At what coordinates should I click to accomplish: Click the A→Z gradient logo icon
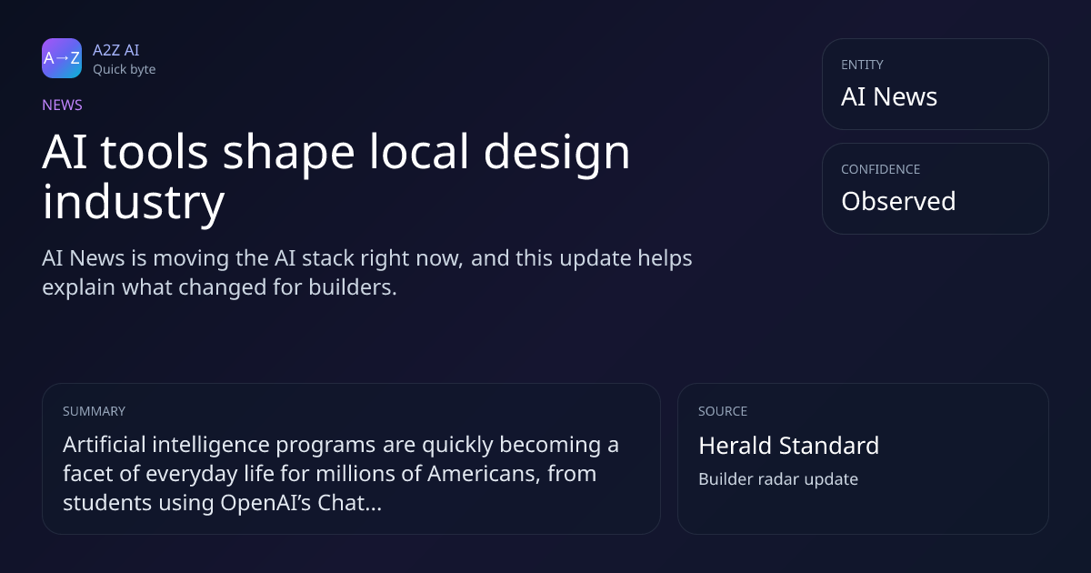pyautogui.click(x=62, y=58)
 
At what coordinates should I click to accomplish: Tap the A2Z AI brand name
pyautogui.click(x=116, y=50)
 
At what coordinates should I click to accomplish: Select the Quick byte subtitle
pyautogui.click(x=125, y=70)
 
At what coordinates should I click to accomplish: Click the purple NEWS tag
pyautogui.click(x=63, y=106)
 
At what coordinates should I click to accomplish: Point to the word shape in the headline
pyautogui.click(x=289, y=153)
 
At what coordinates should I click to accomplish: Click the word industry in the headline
pyautogui.click(x=134, y=203)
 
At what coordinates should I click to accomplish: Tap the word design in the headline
pyautogui.click(x=556, y=153)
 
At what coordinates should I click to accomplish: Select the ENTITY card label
pyautogui.click(x=862, y=65)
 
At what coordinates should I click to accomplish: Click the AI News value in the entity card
pyautogui.click(x=889, y=96)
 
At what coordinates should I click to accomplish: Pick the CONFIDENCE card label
pyautogui.click(x=881, y=169)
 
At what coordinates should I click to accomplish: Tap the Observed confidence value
pyautogui.click(x=898, y=201)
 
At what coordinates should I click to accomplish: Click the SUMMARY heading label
pyautogui.click(x=94, y=411)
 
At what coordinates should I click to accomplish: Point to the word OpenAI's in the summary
pyautogui.click(x=265, y=503)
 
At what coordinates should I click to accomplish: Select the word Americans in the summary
pyautogui.click(x=484, y=474)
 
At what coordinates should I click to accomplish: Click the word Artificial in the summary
pyautogui.click(x=105, y=445)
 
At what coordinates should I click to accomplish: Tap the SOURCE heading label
pyautogui.click(x=723, y=411)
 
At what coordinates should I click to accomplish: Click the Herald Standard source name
pyautogui.click(x=788, y=446)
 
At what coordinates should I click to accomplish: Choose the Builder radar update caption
pyautogui.click(x=778, y=479)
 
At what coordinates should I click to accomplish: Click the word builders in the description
pyautogui.click(x=353, y=287)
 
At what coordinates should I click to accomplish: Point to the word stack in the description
pyautogui.click(x=328, y=258)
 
